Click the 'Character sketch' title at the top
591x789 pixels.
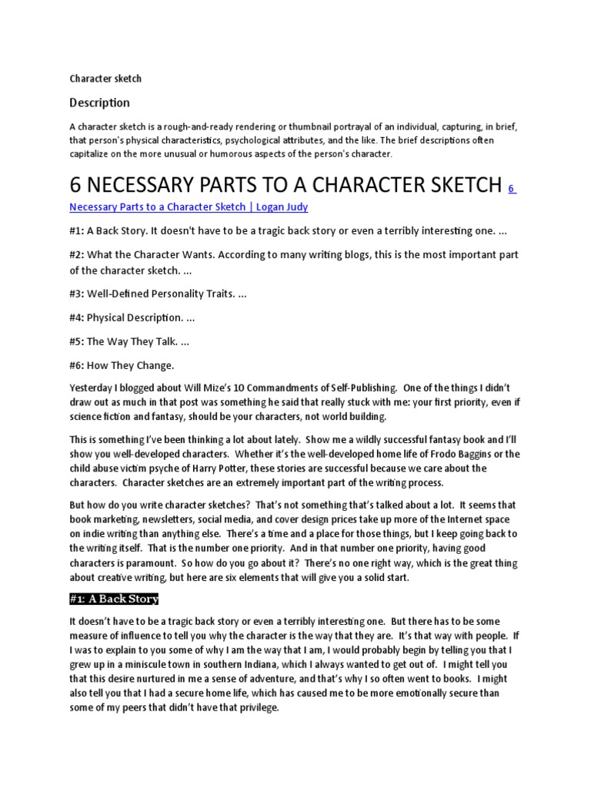click(x=105, y=79)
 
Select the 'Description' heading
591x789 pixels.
click(x=99, y=102)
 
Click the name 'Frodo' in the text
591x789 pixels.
click(x=432, y=454)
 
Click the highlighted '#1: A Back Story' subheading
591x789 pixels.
click(x=114, y=599)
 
